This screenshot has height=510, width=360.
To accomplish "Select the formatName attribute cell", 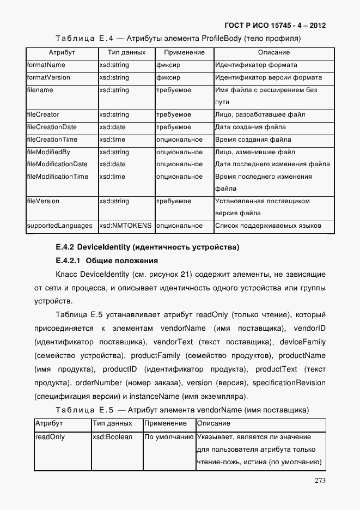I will click(46, 65).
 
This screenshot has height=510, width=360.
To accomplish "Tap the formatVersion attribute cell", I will click(48, 77).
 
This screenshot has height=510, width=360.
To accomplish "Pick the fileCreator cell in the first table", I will click(43, 115).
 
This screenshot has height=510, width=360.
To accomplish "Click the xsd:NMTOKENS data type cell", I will click(125, 226).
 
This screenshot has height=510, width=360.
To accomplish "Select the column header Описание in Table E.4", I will click(273, 53).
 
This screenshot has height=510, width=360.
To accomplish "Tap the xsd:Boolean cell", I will click(112, 437).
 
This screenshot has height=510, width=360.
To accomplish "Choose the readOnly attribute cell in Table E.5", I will click(50, 437).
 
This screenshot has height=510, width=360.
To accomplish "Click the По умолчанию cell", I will click(169, 437).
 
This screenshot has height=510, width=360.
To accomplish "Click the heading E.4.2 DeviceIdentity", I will click(147, 247).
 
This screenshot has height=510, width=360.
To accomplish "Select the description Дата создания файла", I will click(251, 127).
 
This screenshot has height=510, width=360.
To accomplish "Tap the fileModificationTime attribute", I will click(57, 177).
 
